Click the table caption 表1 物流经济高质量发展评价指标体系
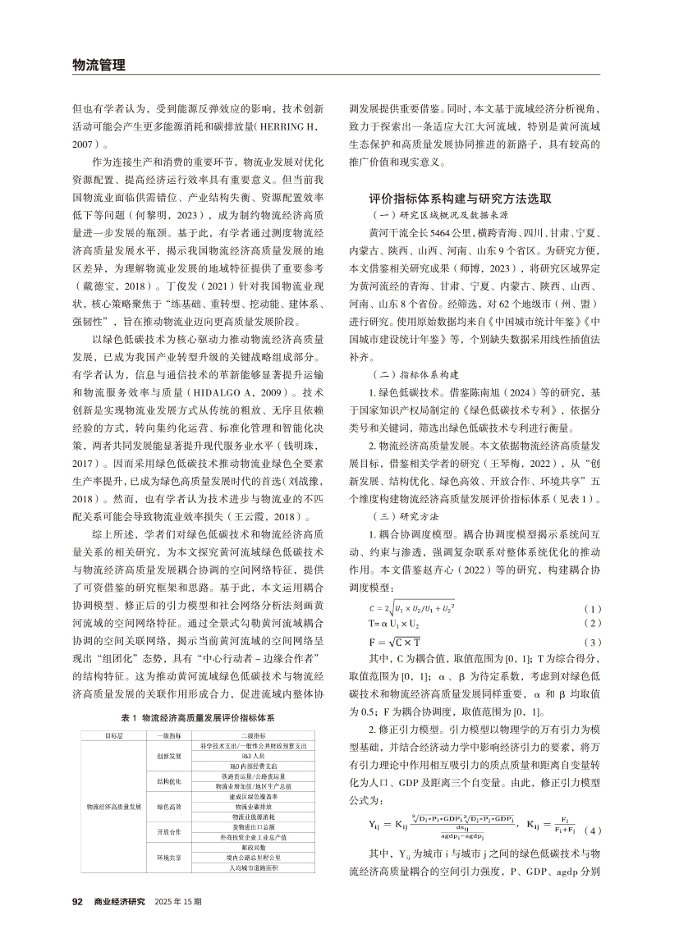pos(197,717)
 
